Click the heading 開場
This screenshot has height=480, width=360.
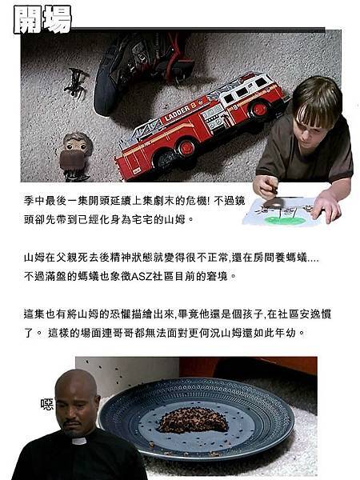point(42,19)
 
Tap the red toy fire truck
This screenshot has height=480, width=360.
point(200,124)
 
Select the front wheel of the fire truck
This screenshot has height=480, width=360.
point(185,147)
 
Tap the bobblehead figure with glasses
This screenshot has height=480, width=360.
point(77,154)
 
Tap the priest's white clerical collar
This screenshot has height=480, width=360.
point(78,441)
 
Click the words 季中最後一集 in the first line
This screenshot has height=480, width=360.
point(57,200)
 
